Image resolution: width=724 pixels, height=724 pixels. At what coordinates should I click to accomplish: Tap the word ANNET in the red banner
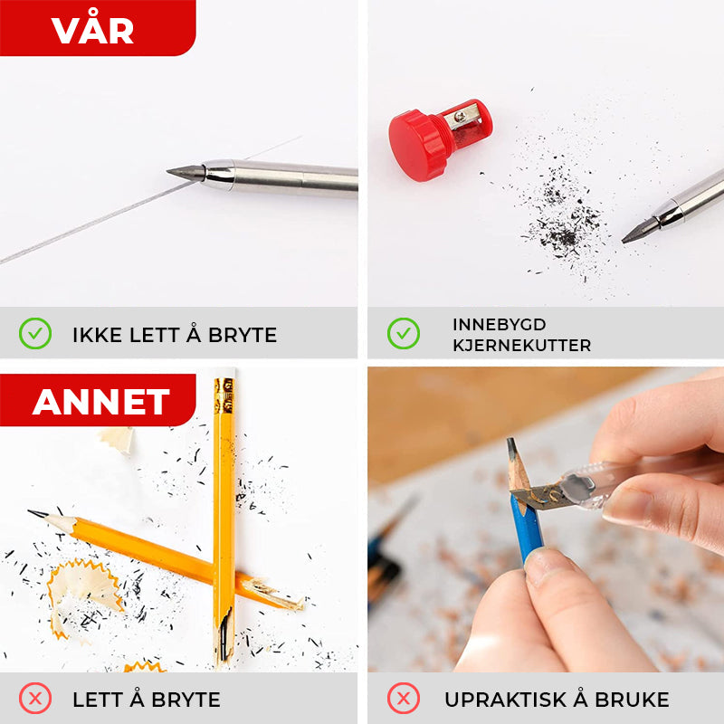[101, 401]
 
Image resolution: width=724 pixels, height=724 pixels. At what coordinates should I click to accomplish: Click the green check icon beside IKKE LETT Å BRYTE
[35, 333]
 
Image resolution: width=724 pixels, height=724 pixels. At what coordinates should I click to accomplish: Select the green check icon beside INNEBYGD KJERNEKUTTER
[403, 333]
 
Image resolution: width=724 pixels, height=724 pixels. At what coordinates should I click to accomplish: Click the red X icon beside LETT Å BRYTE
[35, 698]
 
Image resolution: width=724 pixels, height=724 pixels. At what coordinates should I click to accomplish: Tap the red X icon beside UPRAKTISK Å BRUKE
[403, 698]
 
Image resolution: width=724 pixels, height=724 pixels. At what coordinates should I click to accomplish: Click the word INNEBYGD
[500, 324]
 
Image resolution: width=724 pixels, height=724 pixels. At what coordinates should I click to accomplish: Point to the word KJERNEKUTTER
[522, 345]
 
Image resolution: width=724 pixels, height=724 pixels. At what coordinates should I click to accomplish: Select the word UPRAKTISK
[505, 699]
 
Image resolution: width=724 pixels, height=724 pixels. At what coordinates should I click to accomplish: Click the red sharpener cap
[414, 145]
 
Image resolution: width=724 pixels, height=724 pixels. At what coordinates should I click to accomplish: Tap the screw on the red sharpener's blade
[460, 115]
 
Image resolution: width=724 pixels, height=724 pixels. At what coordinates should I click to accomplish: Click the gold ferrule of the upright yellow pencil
[224, 395]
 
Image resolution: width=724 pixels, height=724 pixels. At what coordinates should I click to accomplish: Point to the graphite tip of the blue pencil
[511, 445]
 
